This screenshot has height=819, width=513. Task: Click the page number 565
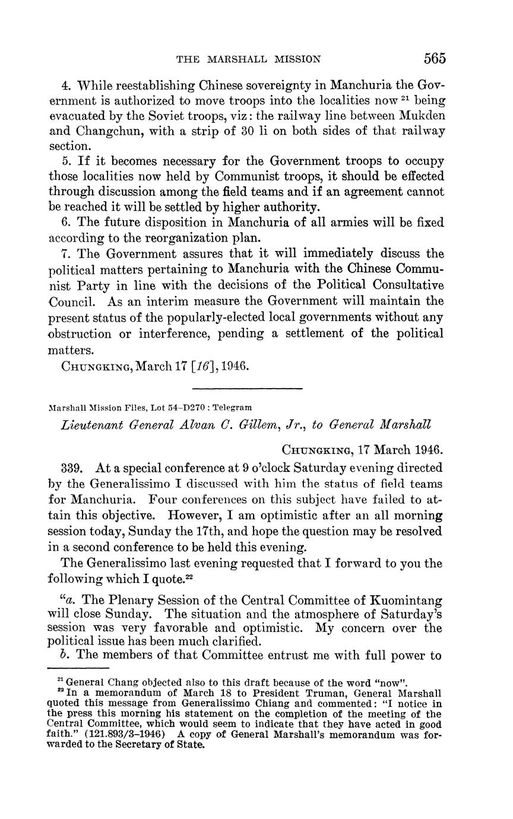tap(435, 58)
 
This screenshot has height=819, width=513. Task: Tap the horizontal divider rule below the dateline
tap(248, 388)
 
